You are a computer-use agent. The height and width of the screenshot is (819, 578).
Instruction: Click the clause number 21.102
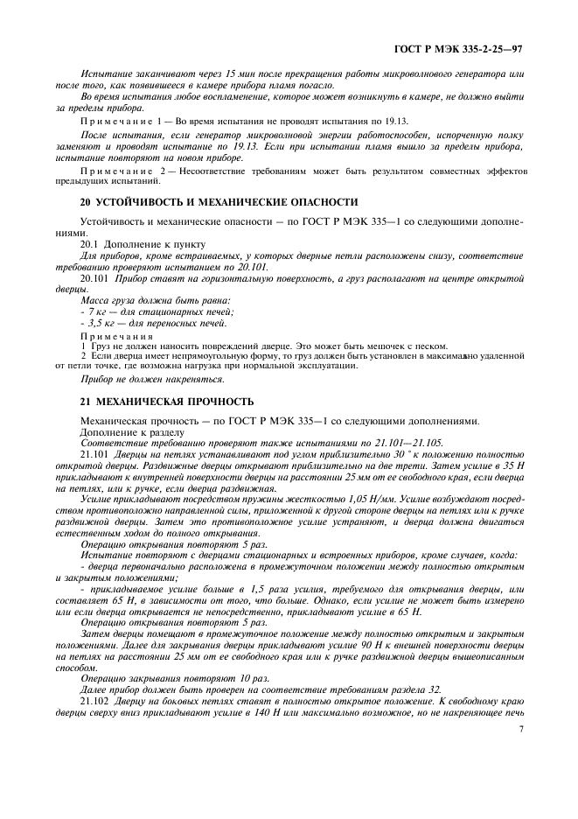pyautogui.click(x=95, y=700)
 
